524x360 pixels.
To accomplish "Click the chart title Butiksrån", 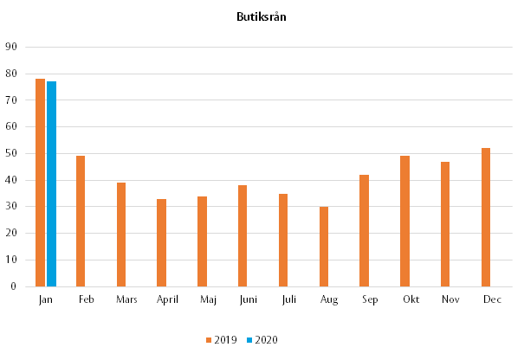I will point(262,16).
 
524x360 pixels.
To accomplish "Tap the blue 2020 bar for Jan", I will point(51,183).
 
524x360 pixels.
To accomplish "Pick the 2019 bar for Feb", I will point(81,221).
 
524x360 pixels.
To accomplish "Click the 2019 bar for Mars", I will point(121,234).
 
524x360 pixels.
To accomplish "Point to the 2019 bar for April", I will point(162,242).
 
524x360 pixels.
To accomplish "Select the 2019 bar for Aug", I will point(324,246).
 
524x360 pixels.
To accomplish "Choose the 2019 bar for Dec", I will point(486,216).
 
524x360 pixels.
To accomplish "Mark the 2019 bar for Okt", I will point(404,221).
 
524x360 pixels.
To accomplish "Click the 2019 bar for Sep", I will point(364,230).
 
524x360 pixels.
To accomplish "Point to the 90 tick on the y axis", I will point(11,47).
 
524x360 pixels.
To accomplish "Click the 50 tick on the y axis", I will point(11,153).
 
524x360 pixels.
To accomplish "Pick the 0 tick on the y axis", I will point(14,286).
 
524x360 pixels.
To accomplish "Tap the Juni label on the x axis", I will point(248,300).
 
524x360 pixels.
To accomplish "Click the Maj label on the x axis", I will point(208,300).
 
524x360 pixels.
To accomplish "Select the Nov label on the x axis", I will point(450,299).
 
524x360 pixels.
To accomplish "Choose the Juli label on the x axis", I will point(288,299).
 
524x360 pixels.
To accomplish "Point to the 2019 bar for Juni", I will point(243,235).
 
